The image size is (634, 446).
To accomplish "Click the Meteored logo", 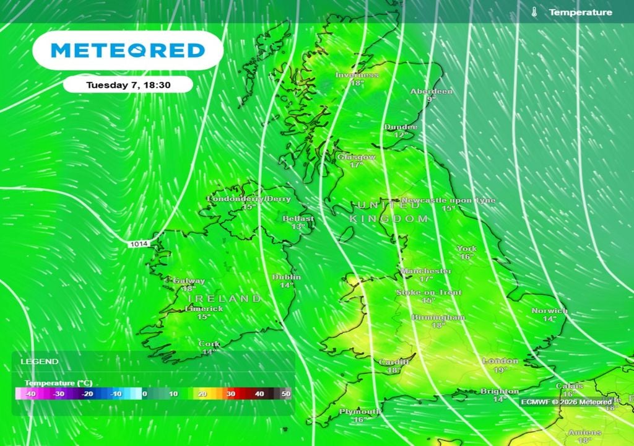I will (x=128, y=50).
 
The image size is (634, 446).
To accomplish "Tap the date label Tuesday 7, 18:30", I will (x=128, y=84).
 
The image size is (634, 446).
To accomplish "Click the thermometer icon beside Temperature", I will (x=534, y=12).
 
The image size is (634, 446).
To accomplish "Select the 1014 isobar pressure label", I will (x=139, y=245).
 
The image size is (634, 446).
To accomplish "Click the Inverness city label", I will (x=357, y=75).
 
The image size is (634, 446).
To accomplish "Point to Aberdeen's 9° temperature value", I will (x=431, y=99).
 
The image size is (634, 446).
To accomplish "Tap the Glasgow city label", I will (x=356, y=157).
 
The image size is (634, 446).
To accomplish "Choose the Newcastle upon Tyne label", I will (x=448, y=201).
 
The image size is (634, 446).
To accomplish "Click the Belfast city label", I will (x=298, y=219).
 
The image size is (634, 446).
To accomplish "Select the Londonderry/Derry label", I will (x=248, y=199).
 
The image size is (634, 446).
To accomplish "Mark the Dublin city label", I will (x=287, y=277).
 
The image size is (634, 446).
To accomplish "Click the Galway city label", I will (x=189, y=281).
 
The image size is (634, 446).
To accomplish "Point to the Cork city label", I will (x=209, y=344).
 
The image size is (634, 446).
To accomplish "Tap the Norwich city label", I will (x=549, y=310).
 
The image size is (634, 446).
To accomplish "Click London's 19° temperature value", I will (x=500, y=370).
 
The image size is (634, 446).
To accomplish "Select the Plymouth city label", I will (x=360, y=411).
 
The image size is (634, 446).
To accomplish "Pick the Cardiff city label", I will (x=394, y=362).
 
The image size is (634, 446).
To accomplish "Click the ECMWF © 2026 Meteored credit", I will (x=567, y=402).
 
